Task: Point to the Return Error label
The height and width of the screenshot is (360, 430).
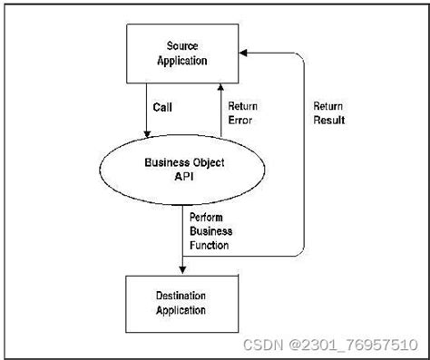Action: [x=242, y=112]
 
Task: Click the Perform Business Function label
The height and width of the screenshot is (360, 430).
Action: [x=210, y=230]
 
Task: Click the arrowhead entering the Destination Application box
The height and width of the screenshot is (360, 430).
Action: [x=184, y=268]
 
